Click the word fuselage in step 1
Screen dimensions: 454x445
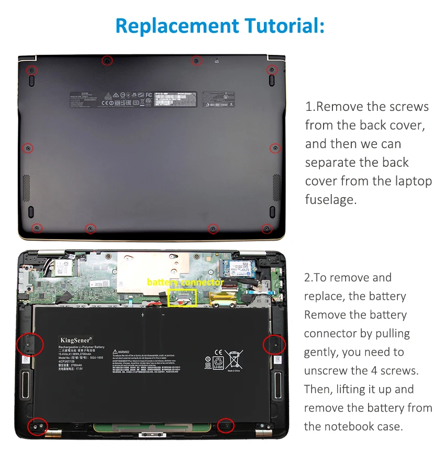pos(331,199)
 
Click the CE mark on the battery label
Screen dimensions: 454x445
pos(218,353)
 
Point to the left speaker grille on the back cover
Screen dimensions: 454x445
pos(26,187)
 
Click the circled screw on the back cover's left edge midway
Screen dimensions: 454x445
pos(29,148)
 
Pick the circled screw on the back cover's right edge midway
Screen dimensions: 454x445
pos(275,149)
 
